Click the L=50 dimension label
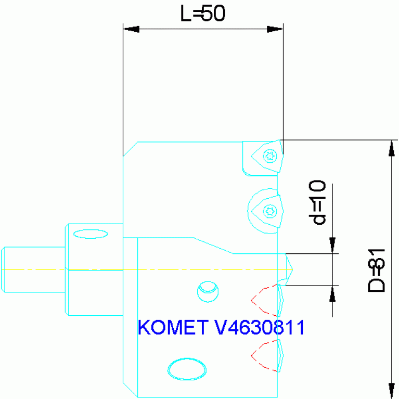point(203,14)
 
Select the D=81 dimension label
point(377,269)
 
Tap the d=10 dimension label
point(317,202)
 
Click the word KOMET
point(173,327)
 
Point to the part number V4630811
point(259,327)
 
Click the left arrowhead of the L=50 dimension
point(131,29)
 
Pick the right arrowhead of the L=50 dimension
point(275,29)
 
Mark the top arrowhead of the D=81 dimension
point(392,148)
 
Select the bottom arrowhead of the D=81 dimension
point(392,390)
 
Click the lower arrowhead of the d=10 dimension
point(332,294)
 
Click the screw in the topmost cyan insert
point(269,156)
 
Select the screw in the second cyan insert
point(269,211)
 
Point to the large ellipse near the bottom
point(187,369)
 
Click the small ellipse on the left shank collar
point(91,234)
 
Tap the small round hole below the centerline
point(207,291)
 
